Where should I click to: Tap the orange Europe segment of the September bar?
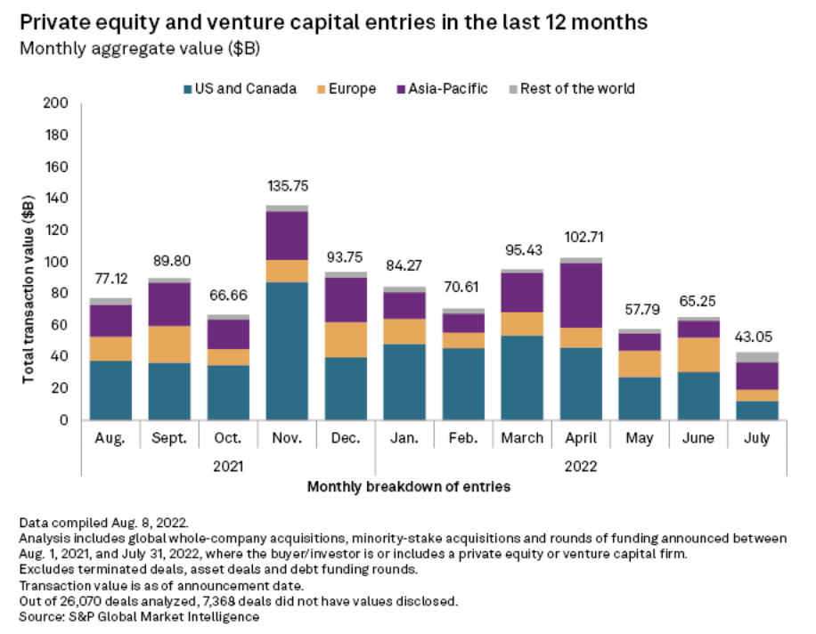tap(168, 345)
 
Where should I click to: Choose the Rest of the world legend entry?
tap(576, 88)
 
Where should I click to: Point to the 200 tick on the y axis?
tap(55, 103)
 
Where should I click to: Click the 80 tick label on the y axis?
tap(59, 293)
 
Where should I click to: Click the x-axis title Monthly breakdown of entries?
tap(409, 488)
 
